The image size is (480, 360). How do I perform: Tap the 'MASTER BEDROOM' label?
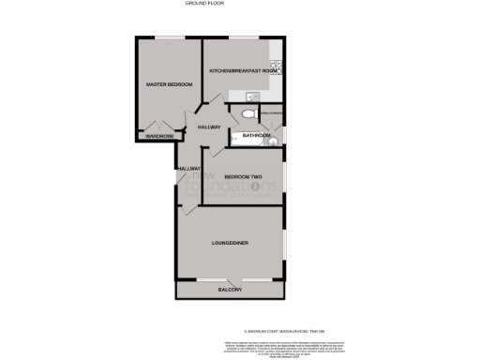167,85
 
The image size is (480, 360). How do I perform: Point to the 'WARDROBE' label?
159,137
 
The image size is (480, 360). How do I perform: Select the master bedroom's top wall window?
169,37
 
